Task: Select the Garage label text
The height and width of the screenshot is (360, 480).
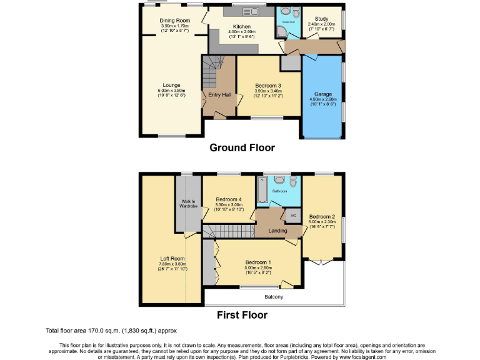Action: click(x=322, y=94)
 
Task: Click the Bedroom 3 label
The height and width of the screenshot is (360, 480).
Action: click(x=268, y=86)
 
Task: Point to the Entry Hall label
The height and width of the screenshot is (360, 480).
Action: click(x=219, y=95)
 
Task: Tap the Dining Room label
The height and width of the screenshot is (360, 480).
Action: click(x=174, y=21)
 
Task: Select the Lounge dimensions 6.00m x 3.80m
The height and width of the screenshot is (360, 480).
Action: click(x=171, y=91)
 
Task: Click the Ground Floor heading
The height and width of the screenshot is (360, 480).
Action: click(x=242, y=148)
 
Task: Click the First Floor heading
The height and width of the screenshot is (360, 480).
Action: click(x=242, y=315)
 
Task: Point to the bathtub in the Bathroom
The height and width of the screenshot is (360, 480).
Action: click(x=262, y=191)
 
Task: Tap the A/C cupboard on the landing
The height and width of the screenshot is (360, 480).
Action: click(x=292, y=216)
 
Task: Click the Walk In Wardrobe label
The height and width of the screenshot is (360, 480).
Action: click(x=188, y=202)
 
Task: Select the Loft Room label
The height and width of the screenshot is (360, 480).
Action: click(x=172, y=258)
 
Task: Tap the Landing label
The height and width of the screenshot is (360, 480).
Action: click(x=277, y=231)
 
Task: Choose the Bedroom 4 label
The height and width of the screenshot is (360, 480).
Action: click(x=228, y=199)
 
